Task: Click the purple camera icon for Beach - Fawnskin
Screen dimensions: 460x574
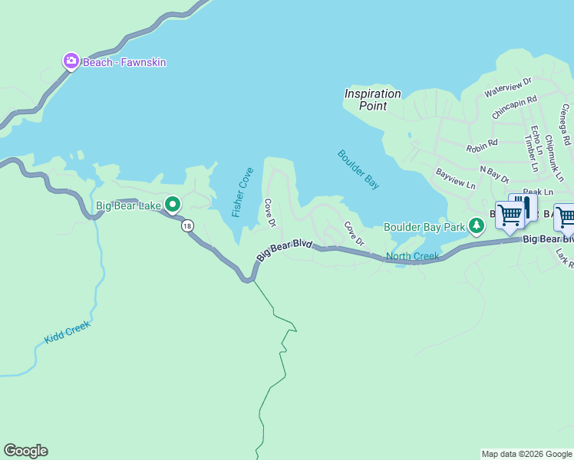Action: point(71,61)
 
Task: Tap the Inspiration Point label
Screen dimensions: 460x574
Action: point(372,100)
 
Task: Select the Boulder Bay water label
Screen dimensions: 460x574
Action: point(358,169)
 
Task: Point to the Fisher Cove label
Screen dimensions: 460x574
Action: point(242,192)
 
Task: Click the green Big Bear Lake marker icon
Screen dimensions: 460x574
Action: point(173,204)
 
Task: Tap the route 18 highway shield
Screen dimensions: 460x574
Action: point(187,225)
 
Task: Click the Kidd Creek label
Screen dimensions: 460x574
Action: point(67,332)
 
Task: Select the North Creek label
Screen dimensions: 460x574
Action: point(412,256)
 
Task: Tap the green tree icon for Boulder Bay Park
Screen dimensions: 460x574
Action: point(477,225)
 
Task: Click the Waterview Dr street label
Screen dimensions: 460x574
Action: point(508,87)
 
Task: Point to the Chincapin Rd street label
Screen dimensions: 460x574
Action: point(514,107)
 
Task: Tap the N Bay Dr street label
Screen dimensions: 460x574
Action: point(494,174)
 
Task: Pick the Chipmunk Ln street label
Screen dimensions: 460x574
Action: point(554,158)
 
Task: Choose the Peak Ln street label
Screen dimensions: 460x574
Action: point(537,192)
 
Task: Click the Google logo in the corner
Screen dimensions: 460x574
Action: point(25,451)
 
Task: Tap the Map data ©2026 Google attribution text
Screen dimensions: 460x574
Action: point(526,454)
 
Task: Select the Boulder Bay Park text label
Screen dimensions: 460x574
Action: point(424,226)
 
